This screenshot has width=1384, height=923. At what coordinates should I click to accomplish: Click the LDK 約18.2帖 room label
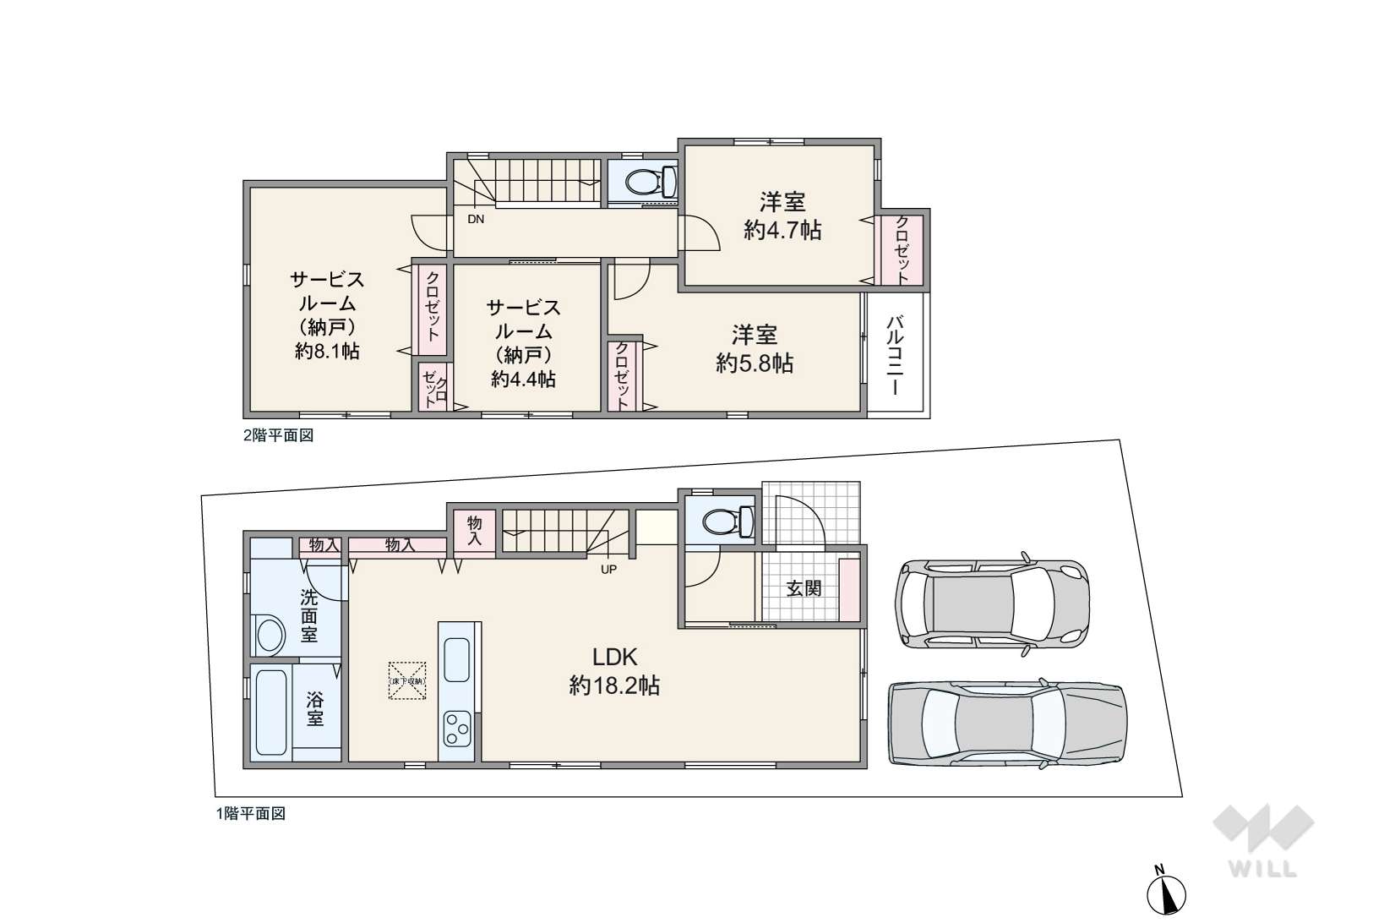614,671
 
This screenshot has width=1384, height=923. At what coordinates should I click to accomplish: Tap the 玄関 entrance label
804,588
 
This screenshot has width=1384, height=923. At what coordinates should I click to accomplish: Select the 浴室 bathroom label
315,709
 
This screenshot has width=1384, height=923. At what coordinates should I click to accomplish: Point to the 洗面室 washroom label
309,615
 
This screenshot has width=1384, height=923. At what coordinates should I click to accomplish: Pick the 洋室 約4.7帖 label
782,216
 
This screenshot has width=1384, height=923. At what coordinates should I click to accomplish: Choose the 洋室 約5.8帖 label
755,349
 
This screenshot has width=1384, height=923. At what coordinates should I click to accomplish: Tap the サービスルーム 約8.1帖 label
327,315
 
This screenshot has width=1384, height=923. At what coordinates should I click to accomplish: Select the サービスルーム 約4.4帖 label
523,343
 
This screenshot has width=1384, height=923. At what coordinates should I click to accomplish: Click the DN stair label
476,219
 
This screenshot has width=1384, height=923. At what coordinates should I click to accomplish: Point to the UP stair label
608,570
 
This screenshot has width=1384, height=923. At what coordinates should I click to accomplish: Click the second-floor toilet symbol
651,182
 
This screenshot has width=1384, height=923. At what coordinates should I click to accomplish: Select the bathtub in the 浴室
270,713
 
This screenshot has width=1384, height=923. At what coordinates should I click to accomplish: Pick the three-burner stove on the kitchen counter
457,729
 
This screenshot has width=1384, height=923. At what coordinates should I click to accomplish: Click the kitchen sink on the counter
456,658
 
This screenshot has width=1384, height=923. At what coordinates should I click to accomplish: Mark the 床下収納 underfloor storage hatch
407,680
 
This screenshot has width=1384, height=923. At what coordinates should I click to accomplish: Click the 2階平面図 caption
279,435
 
